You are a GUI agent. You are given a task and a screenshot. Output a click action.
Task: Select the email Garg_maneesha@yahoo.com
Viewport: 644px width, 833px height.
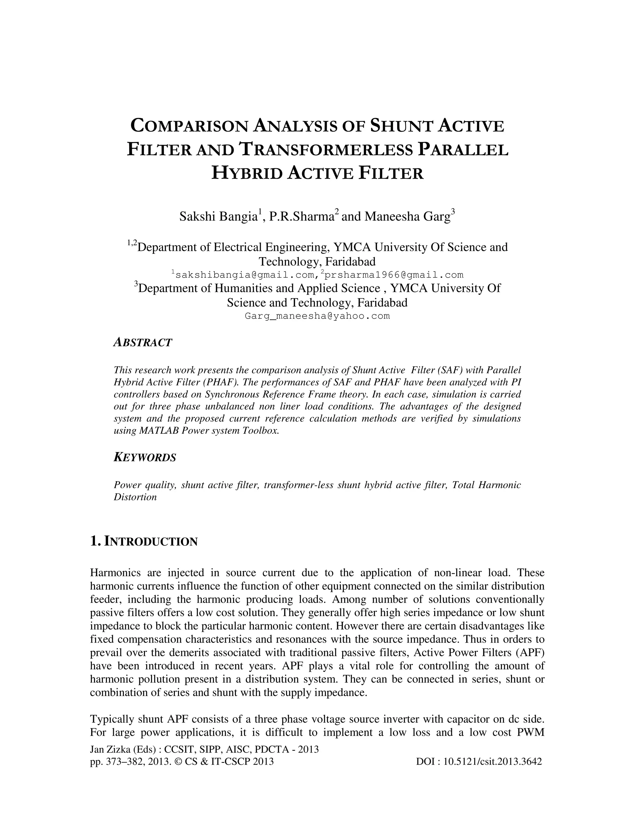(317, 316)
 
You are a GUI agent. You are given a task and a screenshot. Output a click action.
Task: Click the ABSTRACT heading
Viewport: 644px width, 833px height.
(143, 343)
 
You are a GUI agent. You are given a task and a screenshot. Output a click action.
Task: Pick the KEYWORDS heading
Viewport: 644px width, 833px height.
(145, 457)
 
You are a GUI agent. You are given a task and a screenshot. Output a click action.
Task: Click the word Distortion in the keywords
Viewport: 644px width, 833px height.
(136, 497)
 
